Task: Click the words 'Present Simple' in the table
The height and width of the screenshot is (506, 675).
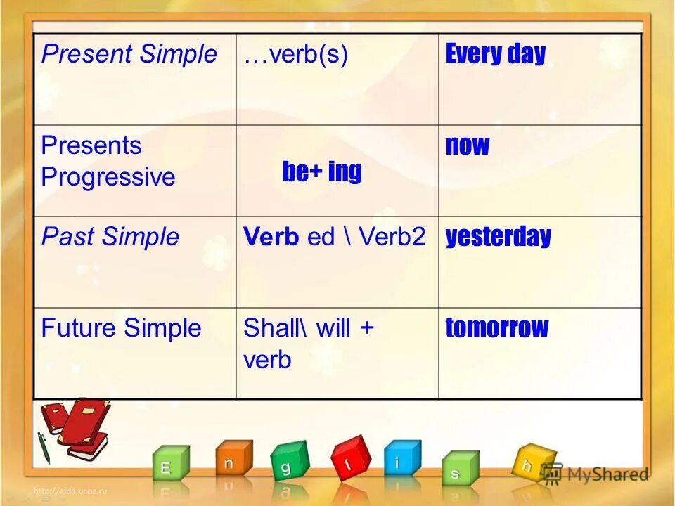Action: tap(129, 55)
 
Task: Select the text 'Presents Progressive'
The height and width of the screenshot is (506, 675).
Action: tap(108, 161)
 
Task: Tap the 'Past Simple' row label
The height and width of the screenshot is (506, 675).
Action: tap(110, 237)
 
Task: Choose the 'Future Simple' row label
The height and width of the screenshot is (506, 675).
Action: tap(121, 328)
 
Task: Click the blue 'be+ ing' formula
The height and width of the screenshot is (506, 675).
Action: tap(321, 171)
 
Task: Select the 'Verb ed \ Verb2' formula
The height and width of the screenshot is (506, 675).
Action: tap(335, 237)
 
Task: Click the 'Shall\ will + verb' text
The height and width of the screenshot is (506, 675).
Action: tap(308, 344)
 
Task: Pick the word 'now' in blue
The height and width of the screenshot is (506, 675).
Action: tap(467, 146)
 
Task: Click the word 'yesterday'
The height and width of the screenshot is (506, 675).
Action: tap(498, 237)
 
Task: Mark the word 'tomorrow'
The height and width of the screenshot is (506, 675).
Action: tap(496, 328)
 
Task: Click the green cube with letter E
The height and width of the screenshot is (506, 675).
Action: tap(169, 466)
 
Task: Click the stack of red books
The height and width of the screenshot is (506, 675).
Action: tap(75, 428)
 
